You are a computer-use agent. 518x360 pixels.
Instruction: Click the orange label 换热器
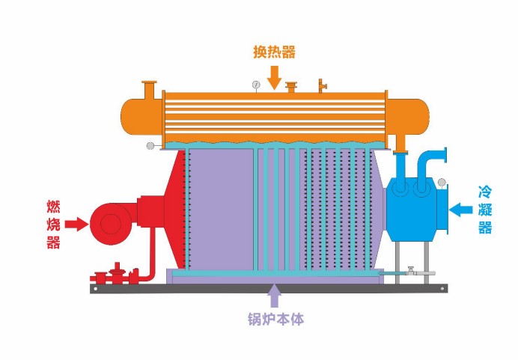click(273, 52)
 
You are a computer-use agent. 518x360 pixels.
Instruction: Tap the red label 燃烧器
click(53, 223)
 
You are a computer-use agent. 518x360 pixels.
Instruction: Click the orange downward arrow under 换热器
click(274, 76)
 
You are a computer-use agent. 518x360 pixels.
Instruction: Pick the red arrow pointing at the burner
click(76, 223)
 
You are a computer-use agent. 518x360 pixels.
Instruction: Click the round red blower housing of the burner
click(109, 222)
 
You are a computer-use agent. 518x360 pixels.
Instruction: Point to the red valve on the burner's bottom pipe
click(116, 272)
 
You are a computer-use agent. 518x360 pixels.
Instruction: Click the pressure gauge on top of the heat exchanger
click(256, 85)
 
